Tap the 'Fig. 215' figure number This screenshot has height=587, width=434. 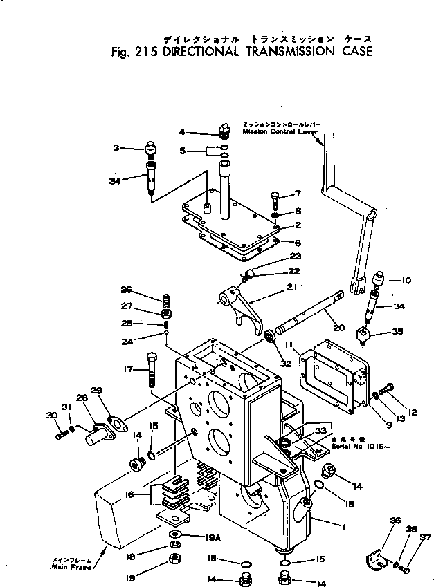135,51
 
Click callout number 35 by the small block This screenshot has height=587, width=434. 397,331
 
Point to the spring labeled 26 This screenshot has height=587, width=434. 166,300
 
